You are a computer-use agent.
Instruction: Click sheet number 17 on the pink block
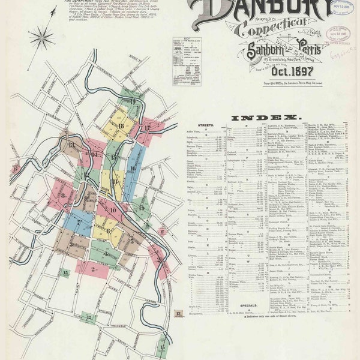point(147,127)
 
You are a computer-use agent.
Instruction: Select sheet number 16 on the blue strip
point(132,169)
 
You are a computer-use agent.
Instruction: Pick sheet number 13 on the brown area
point(71,145)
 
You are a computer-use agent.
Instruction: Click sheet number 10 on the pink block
point(112,210)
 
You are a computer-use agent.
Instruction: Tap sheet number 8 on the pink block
point(62,195)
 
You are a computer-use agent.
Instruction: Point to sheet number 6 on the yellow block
point(108,230)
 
